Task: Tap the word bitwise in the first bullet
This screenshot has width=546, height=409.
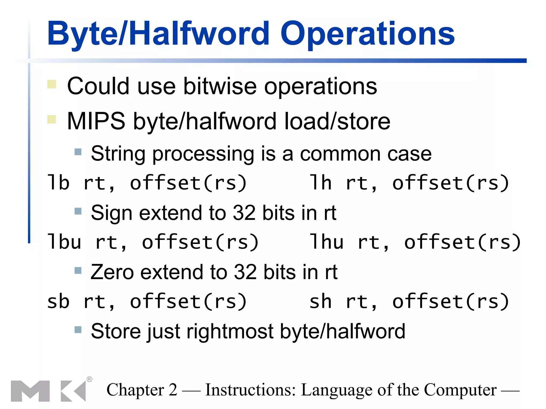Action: point(220,86)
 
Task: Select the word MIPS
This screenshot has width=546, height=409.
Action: point(96,121)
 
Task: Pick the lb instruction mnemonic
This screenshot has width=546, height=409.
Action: point(58,183)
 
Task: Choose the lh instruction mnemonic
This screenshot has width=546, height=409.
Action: point(321,183)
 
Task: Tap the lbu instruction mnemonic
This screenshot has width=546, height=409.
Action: point(64,242)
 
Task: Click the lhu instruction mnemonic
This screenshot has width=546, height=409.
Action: point(327,242)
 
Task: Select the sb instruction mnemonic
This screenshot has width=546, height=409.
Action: point(58,301)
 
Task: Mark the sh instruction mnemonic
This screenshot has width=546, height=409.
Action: point(321,301)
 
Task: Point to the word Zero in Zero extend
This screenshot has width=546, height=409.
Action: point(112,272)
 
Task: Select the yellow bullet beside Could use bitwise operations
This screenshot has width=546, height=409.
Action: point(52,84)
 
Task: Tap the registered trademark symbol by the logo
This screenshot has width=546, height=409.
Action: point(90,379)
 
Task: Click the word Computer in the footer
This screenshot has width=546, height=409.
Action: point(460,390)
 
